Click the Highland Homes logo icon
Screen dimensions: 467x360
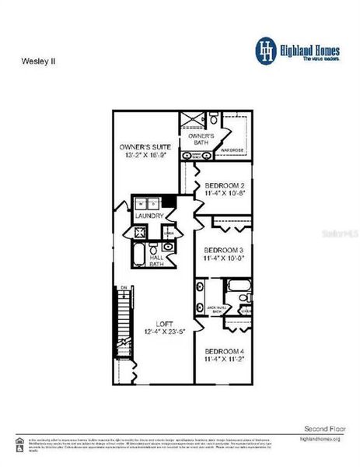coord(267,49)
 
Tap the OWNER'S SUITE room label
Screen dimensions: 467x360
coord(145,146)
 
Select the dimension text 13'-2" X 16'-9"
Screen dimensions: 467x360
coord(145,155)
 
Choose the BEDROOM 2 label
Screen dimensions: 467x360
coord(225,186)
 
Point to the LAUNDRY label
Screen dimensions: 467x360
coord(149,215)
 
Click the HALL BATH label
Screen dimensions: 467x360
coord(156,262)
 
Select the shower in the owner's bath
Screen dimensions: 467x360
coord(189,120)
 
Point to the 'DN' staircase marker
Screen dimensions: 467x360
coord(123,289)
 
